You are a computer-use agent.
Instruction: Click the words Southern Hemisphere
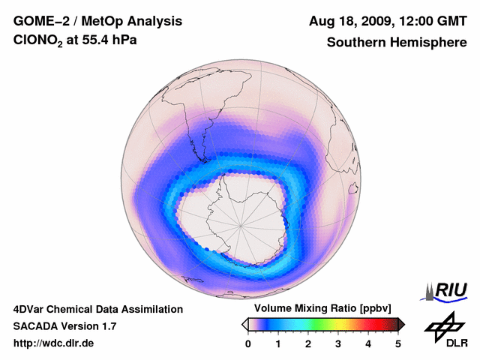pyautogui.click(x=397, y=43)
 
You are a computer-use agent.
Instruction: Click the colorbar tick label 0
pyautogui.click(x=248, y=343)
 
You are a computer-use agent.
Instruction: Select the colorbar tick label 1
pyautogui.click(x=278, y=343)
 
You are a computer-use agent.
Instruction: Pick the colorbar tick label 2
pyautogui.click(x=308, y=343)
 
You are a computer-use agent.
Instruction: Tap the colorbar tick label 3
pyautogui.click(x=338, y=343)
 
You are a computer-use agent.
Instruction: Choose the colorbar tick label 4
pyautogui.click(x=368, y=343)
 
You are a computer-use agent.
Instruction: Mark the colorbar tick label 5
pyautogui.click(x=398, y=343)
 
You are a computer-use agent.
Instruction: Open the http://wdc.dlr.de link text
pyautogui.click(x=54, y=343)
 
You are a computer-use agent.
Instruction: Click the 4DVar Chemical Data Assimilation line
pyautogui.click(x=97, y=309)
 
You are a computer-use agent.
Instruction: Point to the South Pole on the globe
pyautogui.click(x=240, y=224)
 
